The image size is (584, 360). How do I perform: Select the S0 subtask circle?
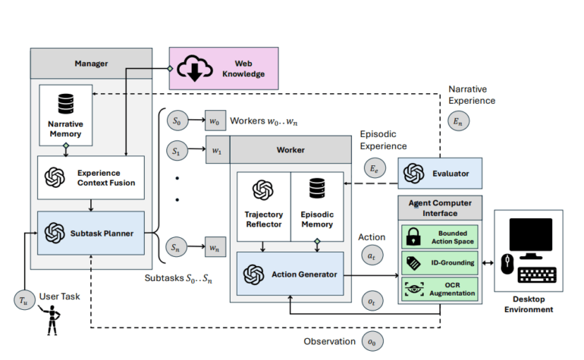pos(176,121)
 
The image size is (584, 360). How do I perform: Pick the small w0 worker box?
pos(216,121)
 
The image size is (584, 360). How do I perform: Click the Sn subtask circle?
pos(176,246)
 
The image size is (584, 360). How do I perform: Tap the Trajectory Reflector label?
pos(262,219)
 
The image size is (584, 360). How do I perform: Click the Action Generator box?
pos(291,274)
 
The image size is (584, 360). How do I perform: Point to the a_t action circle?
pos(371,257)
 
